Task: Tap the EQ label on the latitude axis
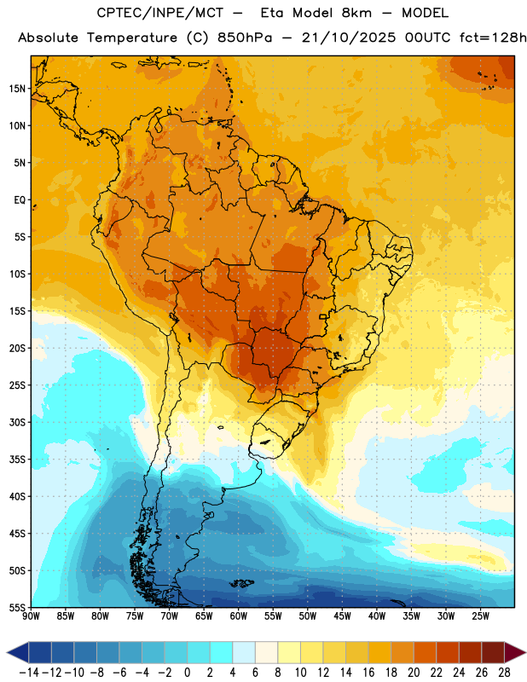20,200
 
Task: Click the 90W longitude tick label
32,616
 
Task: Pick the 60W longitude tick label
239,616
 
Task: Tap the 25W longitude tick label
480,616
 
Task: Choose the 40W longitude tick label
377,616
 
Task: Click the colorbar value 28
504,673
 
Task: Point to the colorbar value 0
187,673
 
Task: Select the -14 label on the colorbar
29,673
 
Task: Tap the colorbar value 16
368,673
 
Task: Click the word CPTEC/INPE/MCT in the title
160,13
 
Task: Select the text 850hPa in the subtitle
245,38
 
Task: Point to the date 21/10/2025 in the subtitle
349,38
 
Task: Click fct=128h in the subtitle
493,38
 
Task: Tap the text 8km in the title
356,13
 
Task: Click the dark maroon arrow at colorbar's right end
515,652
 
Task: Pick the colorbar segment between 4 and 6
244,652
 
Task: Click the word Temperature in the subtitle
132,38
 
